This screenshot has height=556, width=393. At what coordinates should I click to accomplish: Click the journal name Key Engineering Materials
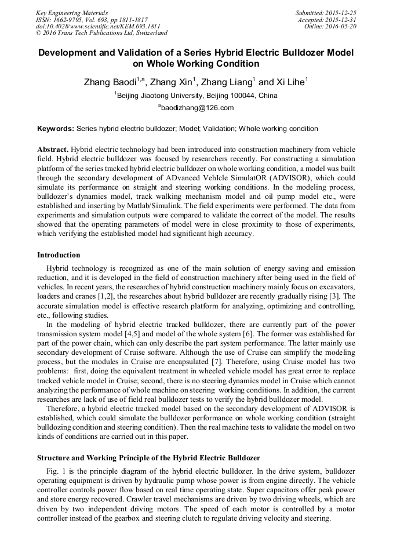[x=71, y=12]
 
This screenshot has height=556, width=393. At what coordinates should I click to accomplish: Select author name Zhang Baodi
[x=110, y=83]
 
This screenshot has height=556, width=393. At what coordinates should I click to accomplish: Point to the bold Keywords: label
[x=55, y=129]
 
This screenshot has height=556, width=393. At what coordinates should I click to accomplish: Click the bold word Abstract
[x=53, y=149]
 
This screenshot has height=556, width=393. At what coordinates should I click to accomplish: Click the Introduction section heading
[x=59, y=255]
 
